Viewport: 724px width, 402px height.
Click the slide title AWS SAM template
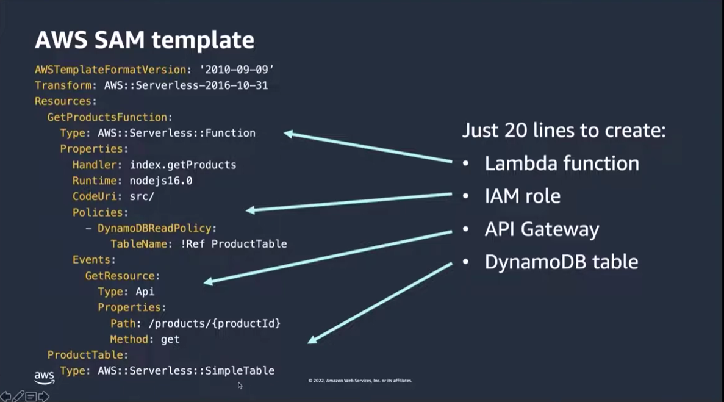[x=144, y=40]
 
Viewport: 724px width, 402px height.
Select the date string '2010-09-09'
[x=237, y=70]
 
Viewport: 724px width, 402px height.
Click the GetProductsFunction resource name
[x=107, y=117]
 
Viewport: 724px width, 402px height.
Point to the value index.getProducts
[x=183, y=165]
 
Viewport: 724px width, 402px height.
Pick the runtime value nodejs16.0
[x=161, y=181]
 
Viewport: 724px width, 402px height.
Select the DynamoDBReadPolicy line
[x=157, y=228]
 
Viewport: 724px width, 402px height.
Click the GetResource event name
[x=120, y=276]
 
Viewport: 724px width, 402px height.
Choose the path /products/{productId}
[x=214, y=323]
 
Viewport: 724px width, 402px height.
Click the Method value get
[x=170, y=339]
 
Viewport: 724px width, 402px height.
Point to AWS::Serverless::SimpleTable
[x=186, y=371]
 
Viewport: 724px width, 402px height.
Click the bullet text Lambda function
[x=562, y=163]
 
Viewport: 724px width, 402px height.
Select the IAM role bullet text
[x=522, y=196]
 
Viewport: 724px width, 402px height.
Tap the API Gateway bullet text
[x=542, y=229]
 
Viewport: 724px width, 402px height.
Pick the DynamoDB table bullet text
[x=561, y=262]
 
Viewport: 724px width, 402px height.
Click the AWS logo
[x=44, y=377]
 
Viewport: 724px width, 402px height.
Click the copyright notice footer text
[x=360, y=381]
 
